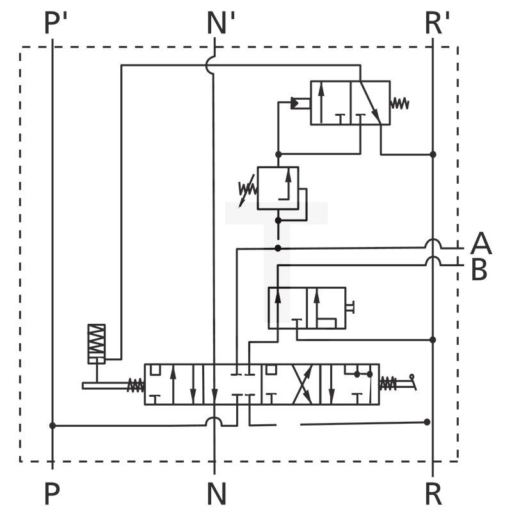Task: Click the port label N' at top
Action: (221, 24)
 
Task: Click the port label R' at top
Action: (438, 24)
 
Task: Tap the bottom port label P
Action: (52, 493)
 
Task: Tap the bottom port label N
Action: (216, 493)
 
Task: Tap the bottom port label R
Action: (433, 493)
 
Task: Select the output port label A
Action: (481, 244)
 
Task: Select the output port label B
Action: (479, 270)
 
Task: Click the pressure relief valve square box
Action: (278, 188)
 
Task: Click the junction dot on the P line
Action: (52, 425)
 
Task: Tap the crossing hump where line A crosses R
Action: (433, 244)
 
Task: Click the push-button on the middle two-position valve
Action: (351, 308)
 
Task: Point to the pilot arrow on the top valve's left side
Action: (298, 102)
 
